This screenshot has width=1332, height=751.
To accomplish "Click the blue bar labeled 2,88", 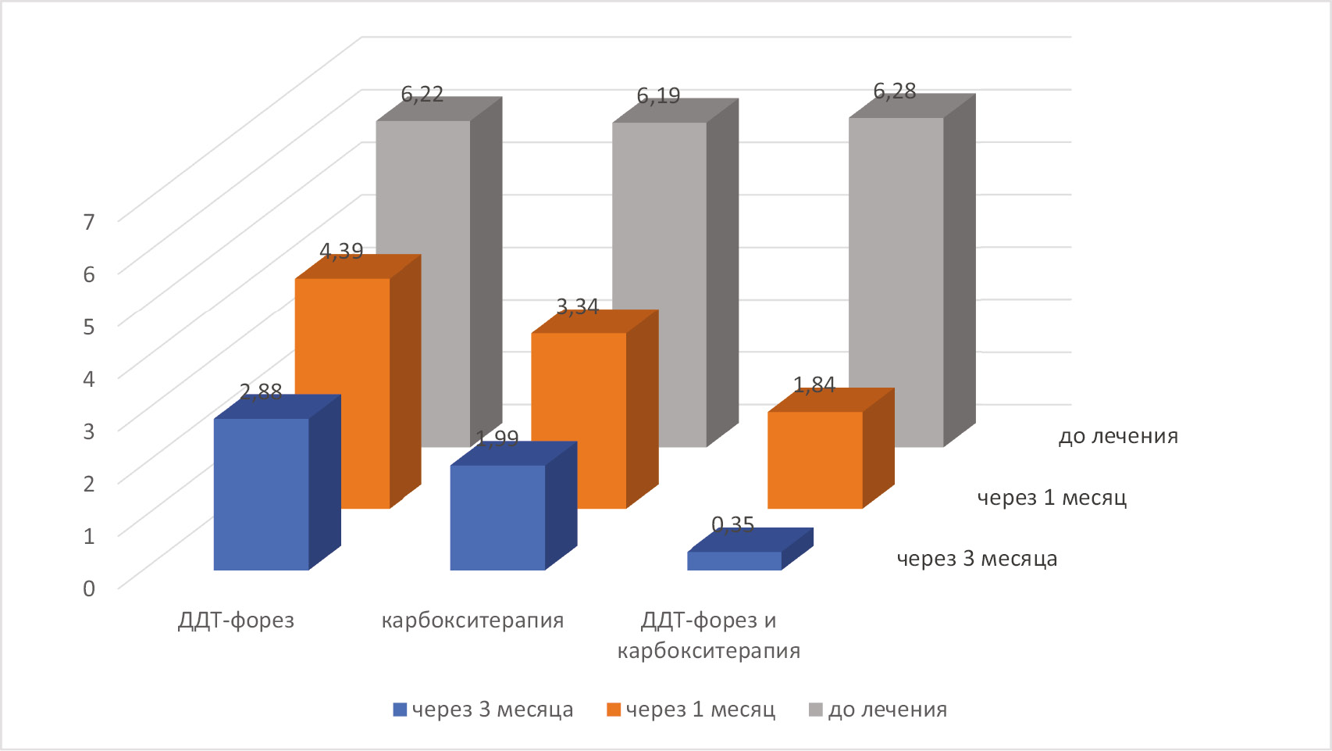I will click(x=262, y=494).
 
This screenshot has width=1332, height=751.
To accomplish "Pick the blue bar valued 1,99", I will click(x=497, y=517).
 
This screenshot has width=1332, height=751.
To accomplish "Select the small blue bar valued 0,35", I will click(x=734, y=561).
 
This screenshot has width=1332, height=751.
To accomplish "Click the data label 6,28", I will click(x=894, y=91).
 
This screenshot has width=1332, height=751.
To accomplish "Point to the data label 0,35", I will click(x=733, y=524).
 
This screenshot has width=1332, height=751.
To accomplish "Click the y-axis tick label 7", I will click(x=89, y=222).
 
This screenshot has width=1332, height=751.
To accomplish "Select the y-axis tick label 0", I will click(x=89, y=588).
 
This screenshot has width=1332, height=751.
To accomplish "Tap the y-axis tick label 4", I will click(x=89, y=379).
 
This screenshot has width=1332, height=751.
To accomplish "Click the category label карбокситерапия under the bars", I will click(x=472, y=620).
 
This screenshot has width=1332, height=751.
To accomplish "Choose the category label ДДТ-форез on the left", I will click(x=236, y=620).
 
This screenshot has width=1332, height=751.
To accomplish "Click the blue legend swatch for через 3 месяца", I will click(x=400, y=710).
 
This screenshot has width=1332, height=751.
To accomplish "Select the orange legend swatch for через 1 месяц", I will click(x=614, y=710).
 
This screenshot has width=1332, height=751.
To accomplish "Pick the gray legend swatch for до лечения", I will click(x=816, y=710).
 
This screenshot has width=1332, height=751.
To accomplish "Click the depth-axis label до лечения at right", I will click(x=1118, y=436).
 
